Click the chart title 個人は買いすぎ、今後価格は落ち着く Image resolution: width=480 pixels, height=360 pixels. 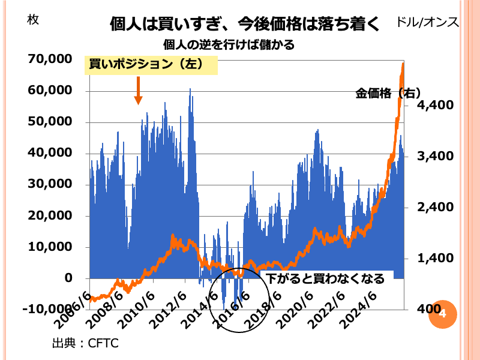[244, 25]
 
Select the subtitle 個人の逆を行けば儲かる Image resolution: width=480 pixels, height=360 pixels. [229, 45]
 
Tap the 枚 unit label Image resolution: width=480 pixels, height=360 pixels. [34, 19]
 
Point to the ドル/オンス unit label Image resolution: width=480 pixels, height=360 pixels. [427, 23]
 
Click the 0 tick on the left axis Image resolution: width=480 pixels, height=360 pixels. [68, 278]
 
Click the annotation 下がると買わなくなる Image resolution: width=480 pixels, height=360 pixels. [326, 278]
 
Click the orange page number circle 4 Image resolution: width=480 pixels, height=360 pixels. [443, 313]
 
